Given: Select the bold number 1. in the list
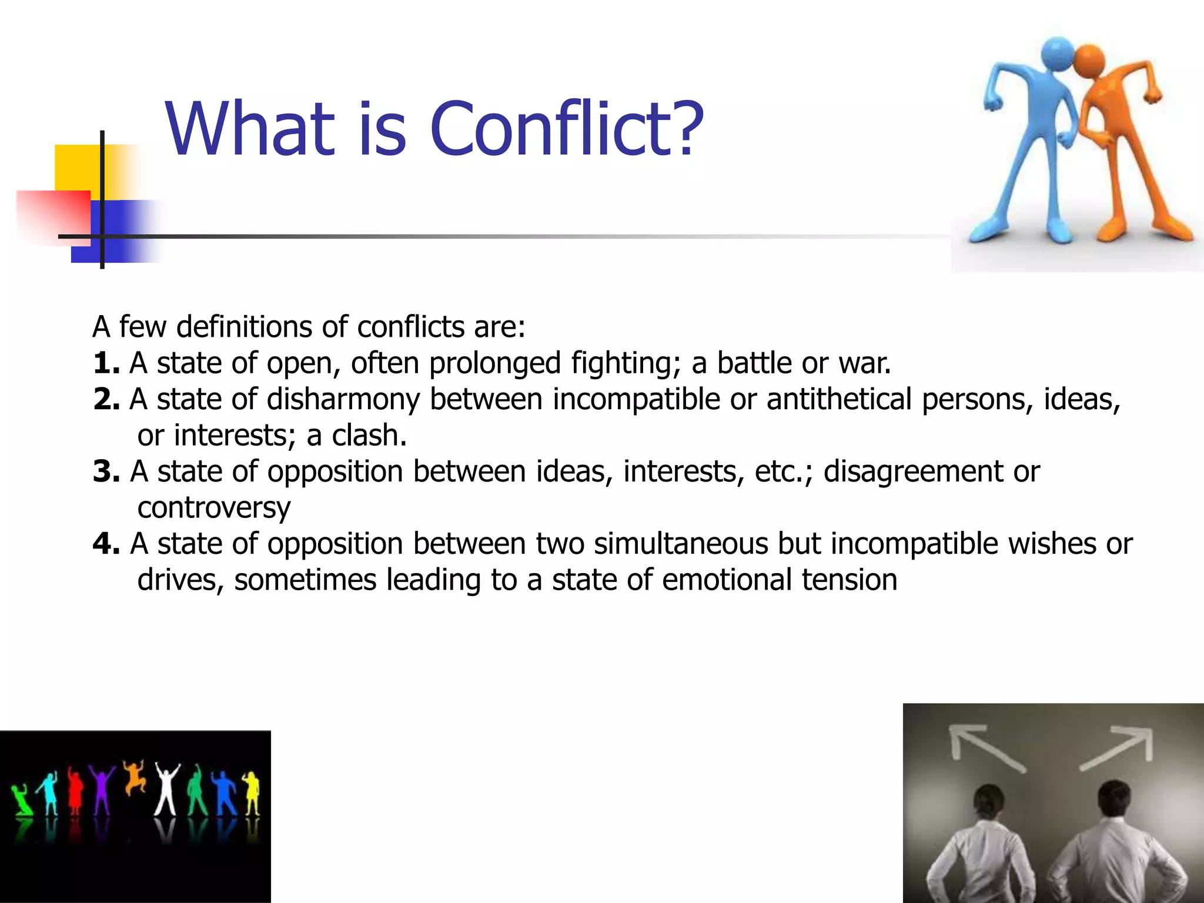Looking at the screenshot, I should tap(106, 363).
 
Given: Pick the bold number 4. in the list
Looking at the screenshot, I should tap(106, 544).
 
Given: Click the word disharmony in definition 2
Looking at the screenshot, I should tap(343, 400).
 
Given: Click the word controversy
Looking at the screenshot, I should tap(213, 508).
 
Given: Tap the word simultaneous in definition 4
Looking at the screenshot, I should tap(681, 544).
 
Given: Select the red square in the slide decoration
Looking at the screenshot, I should tap(53, 215).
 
